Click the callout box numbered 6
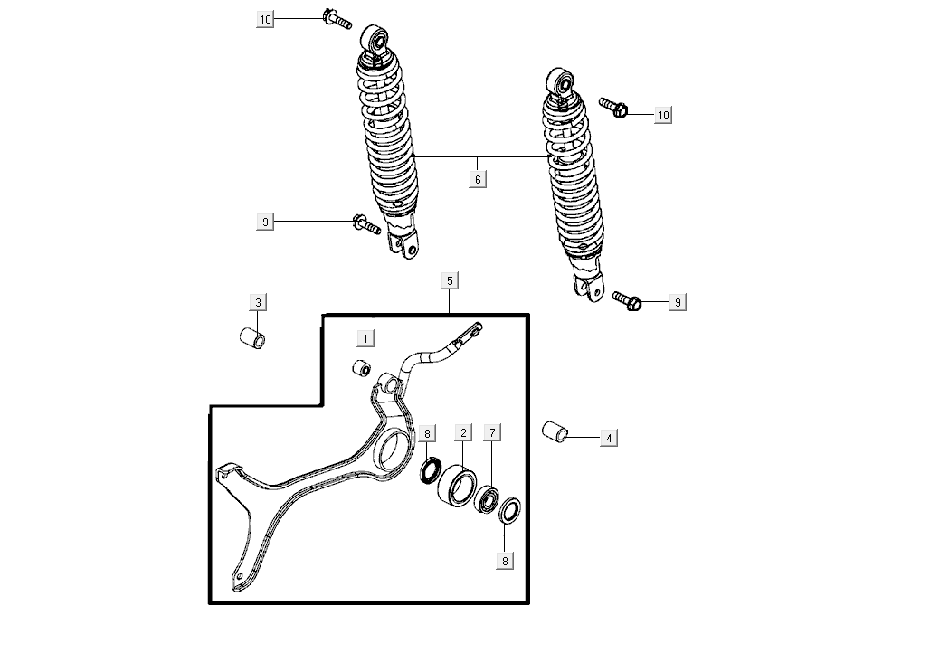coord(478,179)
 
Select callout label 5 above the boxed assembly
coord(450,280)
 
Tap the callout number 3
coord(258,302)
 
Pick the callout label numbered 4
coord(609,439)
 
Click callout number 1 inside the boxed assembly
coord(365,338)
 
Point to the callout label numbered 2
coord(463,432)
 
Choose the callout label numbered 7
coord(492,432)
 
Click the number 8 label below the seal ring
coord(505,561)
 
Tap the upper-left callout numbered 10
coord(265,20)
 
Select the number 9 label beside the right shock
coord(678,302)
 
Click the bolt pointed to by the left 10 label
coord(337,18)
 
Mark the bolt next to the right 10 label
coord(613,108)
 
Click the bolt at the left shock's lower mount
coord(366,224)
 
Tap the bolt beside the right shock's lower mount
coord(627,301)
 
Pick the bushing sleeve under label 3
coord(252,338)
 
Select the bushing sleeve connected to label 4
coord(555,431)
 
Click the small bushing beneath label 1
coord(362,368)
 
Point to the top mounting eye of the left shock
coord(375,40)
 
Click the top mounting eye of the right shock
coord(559,82)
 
